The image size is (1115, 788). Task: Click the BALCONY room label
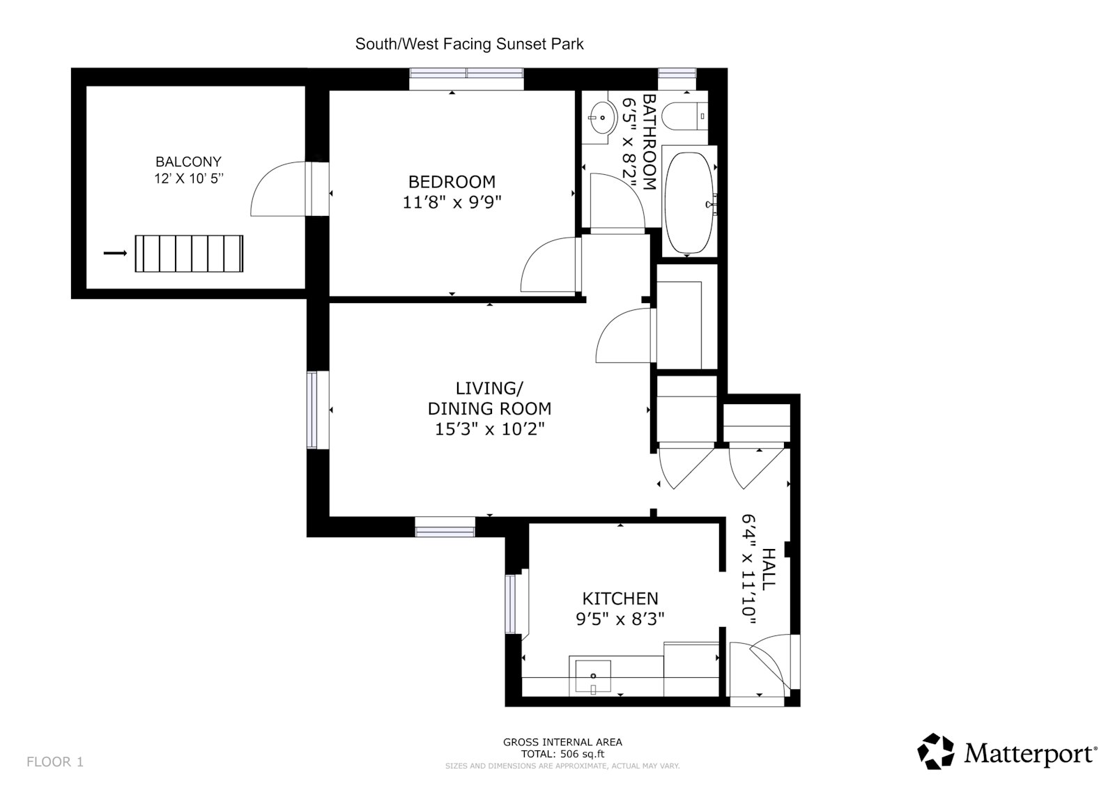tap(188, 162)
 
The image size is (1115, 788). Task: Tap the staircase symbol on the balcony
tap(189, 254)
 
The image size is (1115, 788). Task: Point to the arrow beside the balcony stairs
tap(115, 254)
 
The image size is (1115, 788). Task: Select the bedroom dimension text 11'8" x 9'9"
tap(452, 203)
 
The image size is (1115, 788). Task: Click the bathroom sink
tap(601, 118)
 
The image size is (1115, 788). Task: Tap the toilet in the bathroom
tap(684, 116)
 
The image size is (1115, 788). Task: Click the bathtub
tap(689, 203)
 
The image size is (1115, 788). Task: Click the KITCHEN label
tap(620, 598)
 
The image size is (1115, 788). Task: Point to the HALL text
tap(767, 570)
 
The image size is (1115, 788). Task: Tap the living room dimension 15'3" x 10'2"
tap(489, 429)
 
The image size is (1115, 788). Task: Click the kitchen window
tap(512, 603)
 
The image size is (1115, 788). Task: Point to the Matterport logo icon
tap(935, 751)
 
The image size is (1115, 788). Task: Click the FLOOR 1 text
tap(55, 762)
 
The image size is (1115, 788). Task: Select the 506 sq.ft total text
tap(562, 753)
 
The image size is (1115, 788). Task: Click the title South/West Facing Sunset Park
tap(469, 44)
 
